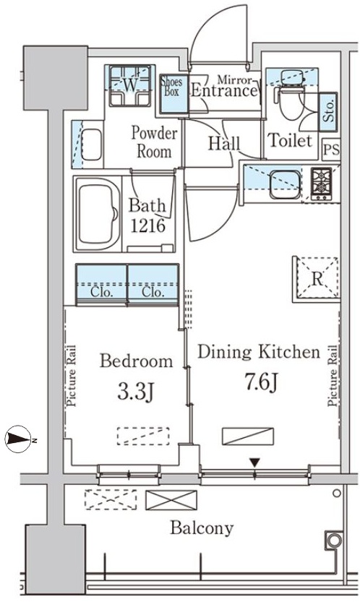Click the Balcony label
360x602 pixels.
click(202, 528)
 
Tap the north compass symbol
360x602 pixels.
click(18, 439)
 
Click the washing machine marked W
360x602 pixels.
click(130, 85)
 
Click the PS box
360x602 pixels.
click(331, 149)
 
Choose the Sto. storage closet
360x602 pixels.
click(328, 111)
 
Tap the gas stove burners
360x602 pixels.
click(321, 184)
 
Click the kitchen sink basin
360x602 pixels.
click(285, 185)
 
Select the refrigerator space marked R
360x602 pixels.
click(317, 279)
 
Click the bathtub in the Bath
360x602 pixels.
click(98, 214)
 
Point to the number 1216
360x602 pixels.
click(148, 225)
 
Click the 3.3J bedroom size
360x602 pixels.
click(136, 392)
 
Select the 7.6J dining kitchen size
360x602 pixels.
click(261, 383)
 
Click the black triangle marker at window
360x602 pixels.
click(254, 463)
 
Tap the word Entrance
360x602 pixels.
click(223, 90)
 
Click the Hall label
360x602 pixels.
click(224, 143)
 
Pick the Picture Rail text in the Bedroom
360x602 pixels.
click(72, 376)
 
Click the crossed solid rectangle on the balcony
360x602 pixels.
click(171, 500)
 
